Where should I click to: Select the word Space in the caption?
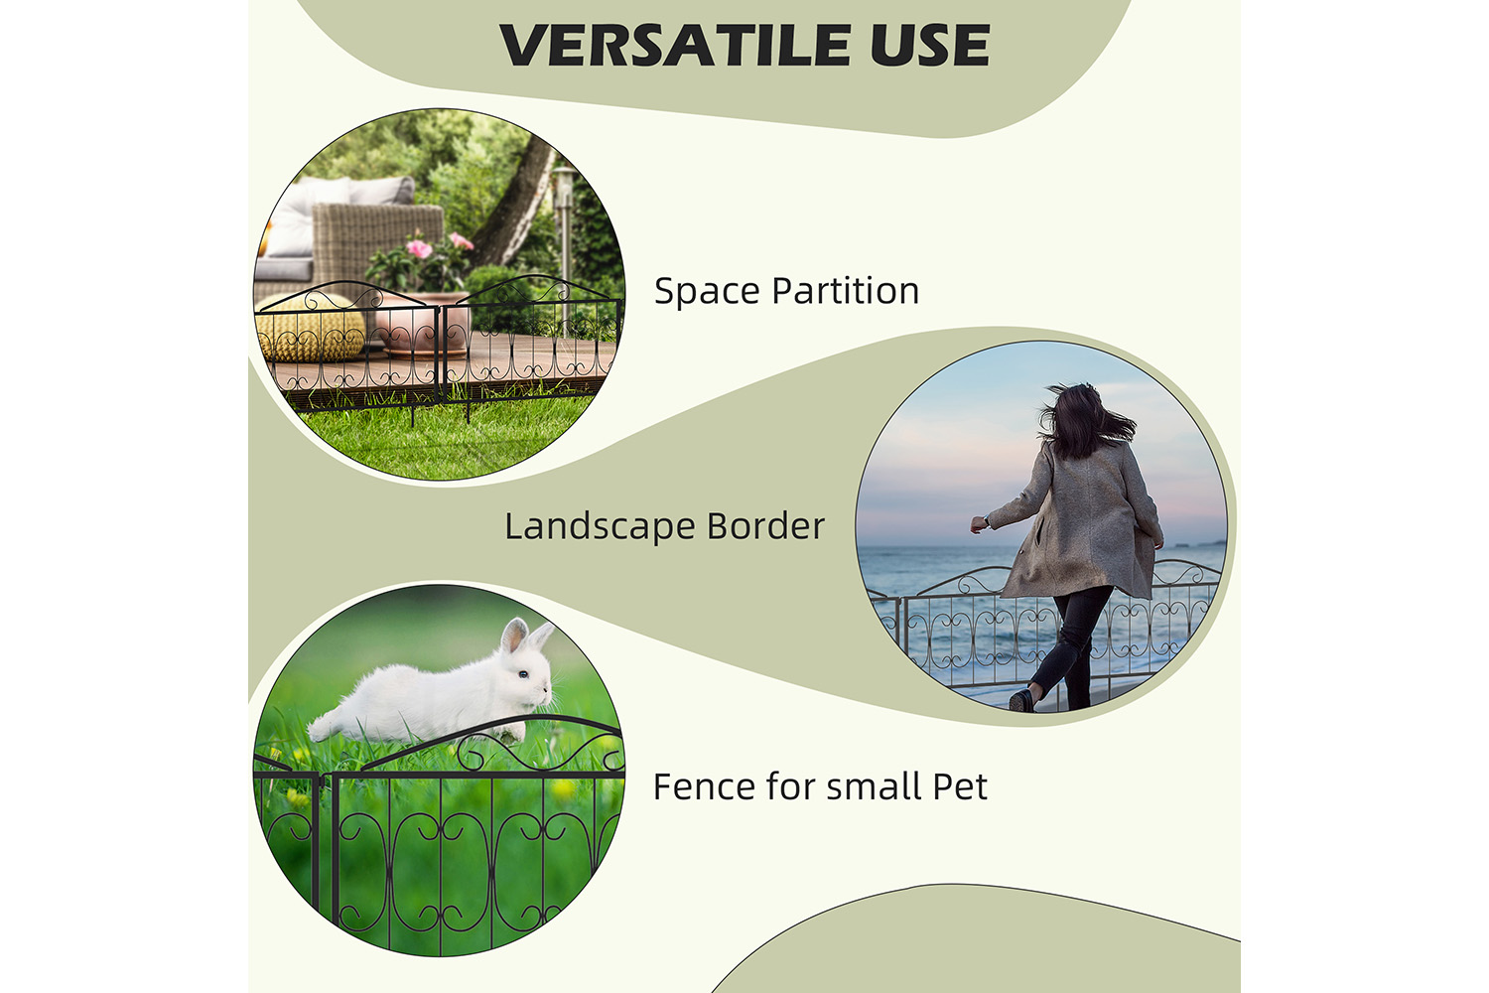pyautogui.click(x=707, y=292)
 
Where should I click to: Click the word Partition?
pyautogui.click(x=846, y=291)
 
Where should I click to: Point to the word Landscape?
pyautogui.click(x=600, y=526)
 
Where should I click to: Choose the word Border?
pyautogui.click(x=765, y=525)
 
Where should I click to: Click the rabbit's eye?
pyautogui.click(x=523, y=674)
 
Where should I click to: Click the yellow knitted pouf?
pyautogui.click(x=309, y=328)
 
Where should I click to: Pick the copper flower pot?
pyautogui.click(x=424, y=324)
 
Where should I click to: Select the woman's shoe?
pyautogui.click(x=1021, y=700)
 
